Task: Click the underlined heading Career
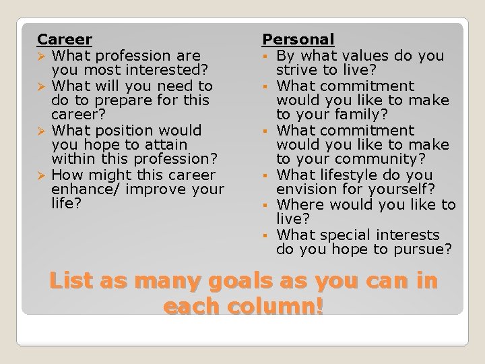pyautogui.click(x=65, y=40)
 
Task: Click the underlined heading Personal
pyautogui.click(x=298, y=40)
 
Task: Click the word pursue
pyautogui.click(x=422, y=249)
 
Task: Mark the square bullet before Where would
pyautogui.click(x=267, y=205)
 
